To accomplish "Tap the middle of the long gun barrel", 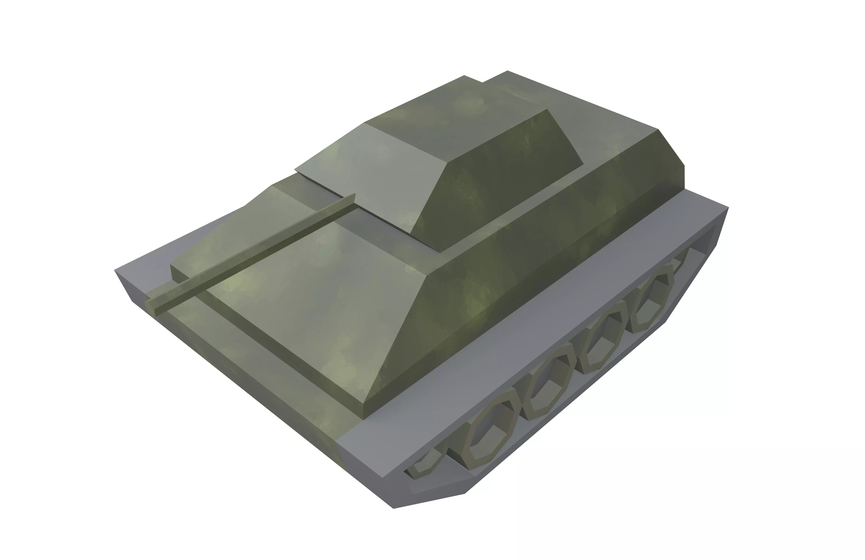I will pyautogui.click(x=251, y=251).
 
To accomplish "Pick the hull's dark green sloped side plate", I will pyautogui.click(x=527, y=269).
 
